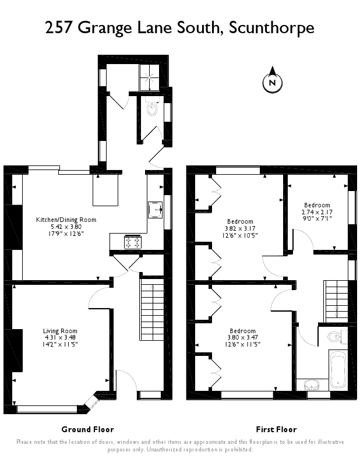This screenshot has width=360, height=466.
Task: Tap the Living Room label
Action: point(60,331)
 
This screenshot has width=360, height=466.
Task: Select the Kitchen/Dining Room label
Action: point(66,220)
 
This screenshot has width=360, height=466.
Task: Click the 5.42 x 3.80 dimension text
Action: point(66,227)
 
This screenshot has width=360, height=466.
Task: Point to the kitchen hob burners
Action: point(133,241)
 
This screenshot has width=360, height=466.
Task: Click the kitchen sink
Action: point(156,210)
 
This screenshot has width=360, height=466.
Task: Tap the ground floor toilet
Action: point(152,107)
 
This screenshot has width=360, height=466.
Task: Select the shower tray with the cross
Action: point(149,77)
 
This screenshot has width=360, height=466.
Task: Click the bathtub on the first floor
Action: point(338,370)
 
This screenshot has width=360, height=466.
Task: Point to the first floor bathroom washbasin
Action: point(312,385)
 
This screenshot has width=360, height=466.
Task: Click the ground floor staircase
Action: point(151,309)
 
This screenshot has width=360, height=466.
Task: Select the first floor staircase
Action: point(336,301)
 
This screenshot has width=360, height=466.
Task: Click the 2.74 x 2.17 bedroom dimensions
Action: point(317,212)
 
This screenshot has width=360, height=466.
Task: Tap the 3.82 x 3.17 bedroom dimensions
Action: point(240,228)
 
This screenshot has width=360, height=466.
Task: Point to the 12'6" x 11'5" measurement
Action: point(242,344)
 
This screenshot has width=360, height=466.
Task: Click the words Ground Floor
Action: point(88,429)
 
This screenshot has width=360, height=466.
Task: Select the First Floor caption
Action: point(276,429)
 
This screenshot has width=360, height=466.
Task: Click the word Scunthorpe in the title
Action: point(271,27)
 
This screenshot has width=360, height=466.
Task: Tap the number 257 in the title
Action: point(59,27)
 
